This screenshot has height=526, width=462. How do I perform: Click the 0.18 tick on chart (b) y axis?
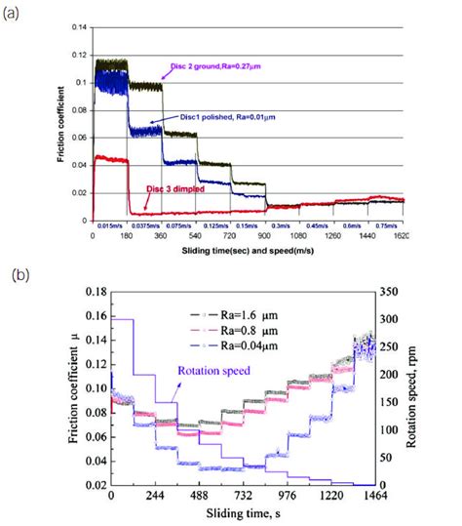tap(95, 291)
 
